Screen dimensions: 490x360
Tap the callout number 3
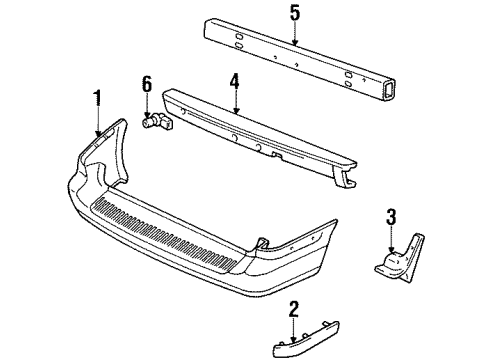click(x=391, y=216)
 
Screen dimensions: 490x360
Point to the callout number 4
click(x=235, y=81)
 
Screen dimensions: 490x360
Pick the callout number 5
click(x=295, y=13)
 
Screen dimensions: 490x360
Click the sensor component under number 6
click(x=157, y=122)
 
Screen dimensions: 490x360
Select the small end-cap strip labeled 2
click(x=306, y=340)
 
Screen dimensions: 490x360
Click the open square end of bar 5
click(x=388, y=91)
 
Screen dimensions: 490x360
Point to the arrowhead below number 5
click(x=295, y=42)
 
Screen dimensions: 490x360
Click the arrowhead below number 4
click(x=236, y=110)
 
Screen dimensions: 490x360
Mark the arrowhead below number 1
click(x=98, y=133)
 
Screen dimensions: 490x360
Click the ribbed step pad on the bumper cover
click(x=169, y=234)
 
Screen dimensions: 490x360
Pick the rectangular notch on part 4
click(x=277, y=155)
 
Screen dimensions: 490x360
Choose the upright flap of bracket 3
click(x=414, y=257)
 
